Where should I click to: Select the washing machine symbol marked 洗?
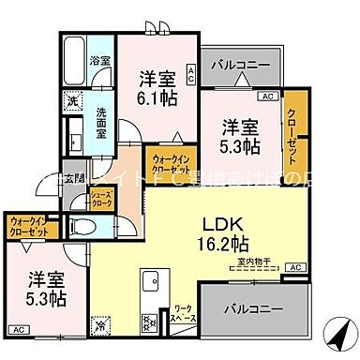click(71, 100)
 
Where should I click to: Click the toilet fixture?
click(81, 225)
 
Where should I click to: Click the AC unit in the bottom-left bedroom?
click(18, 330)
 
